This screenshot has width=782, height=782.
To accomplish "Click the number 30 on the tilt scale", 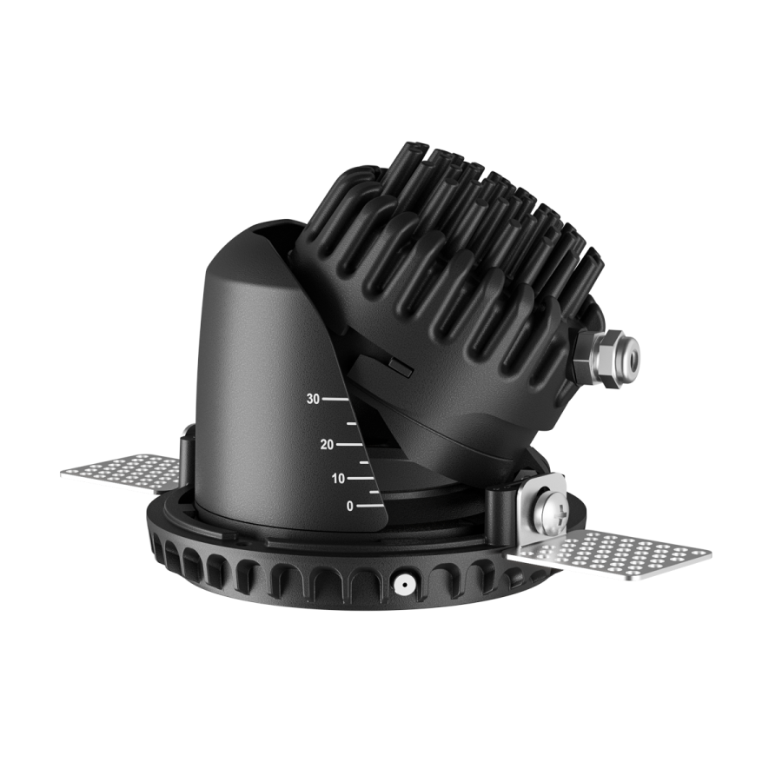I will pos(313,400).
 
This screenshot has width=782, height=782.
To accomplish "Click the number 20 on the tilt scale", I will pos(327,445).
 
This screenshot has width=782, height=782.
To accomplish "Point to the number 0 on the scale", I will pos(349,506).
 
